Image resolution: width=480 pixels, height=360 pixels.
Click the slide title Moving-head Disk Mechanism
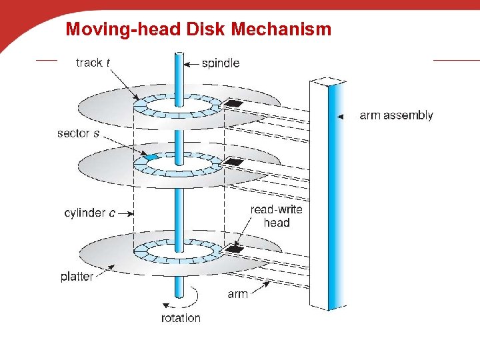click(198, 29)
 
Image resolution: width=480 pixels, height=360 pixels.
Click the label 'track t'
click(93, 63)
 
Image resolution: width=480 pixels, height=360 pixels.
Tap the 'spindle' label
click(221, 63)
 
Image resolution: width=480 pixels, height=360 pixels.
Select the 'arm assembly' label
click(396, 115)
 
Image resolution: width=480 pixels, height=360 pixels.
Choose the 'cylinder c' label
click(89, 213)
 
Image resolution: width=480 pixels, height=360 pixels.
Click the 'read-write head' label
click(276, 215)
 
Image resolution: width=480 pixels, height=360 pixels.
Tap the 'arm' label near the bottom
click(237, 293)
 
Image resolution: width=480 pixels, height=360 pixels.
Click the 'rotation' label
click(181, 318)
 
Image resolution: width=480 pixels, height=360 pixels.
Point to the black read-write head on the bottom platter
click(233, 249)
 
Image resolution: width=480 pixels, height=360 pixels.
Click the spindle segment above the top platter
click(178, 73)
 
